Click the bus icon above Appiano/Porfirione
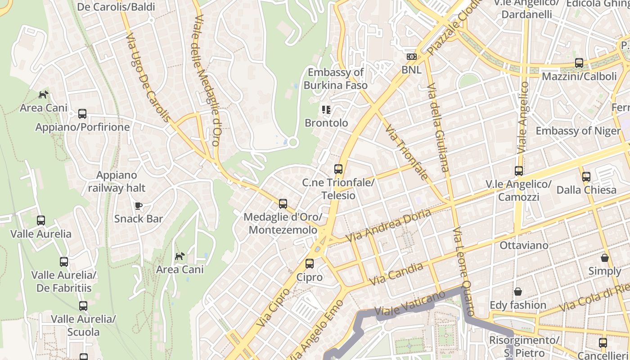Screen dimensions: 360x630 tap(82, 114)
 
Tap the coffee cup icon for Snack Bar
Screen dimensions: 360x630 tap(139, 206)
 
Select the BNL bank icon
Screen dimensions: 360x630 tap(411, 57)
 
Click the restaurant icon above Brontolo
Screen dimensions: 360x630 tap(326, 109)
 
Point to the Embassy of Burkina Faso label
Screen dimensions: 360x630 tap(335, 79)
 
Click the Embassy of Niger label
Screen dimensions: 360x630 tap(578, 131)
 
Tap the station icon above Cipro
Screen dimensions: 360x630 tap(310, 264)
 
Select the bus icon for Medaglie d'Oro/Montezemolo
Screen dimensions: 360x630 tap(283, 204)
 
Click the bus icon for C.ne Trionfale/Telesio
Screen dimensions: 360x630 tap(338, 169)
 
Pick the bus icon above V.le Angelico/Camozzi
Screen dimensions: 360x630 tap(519, 171)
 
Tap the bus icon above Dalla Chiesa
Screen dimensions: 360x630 tap(586, 177)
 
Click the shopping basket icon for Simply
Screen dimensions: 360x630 tap(605, 258)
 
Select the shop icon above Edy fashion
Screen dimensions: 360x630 tap(518, 292)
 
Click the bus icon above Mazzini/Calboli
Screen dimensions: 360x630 tap(579, 63)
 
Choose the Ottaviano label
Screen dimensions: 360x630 tap(524, 245)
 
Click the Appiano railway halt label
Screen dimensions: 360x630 tap(117, 181)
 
